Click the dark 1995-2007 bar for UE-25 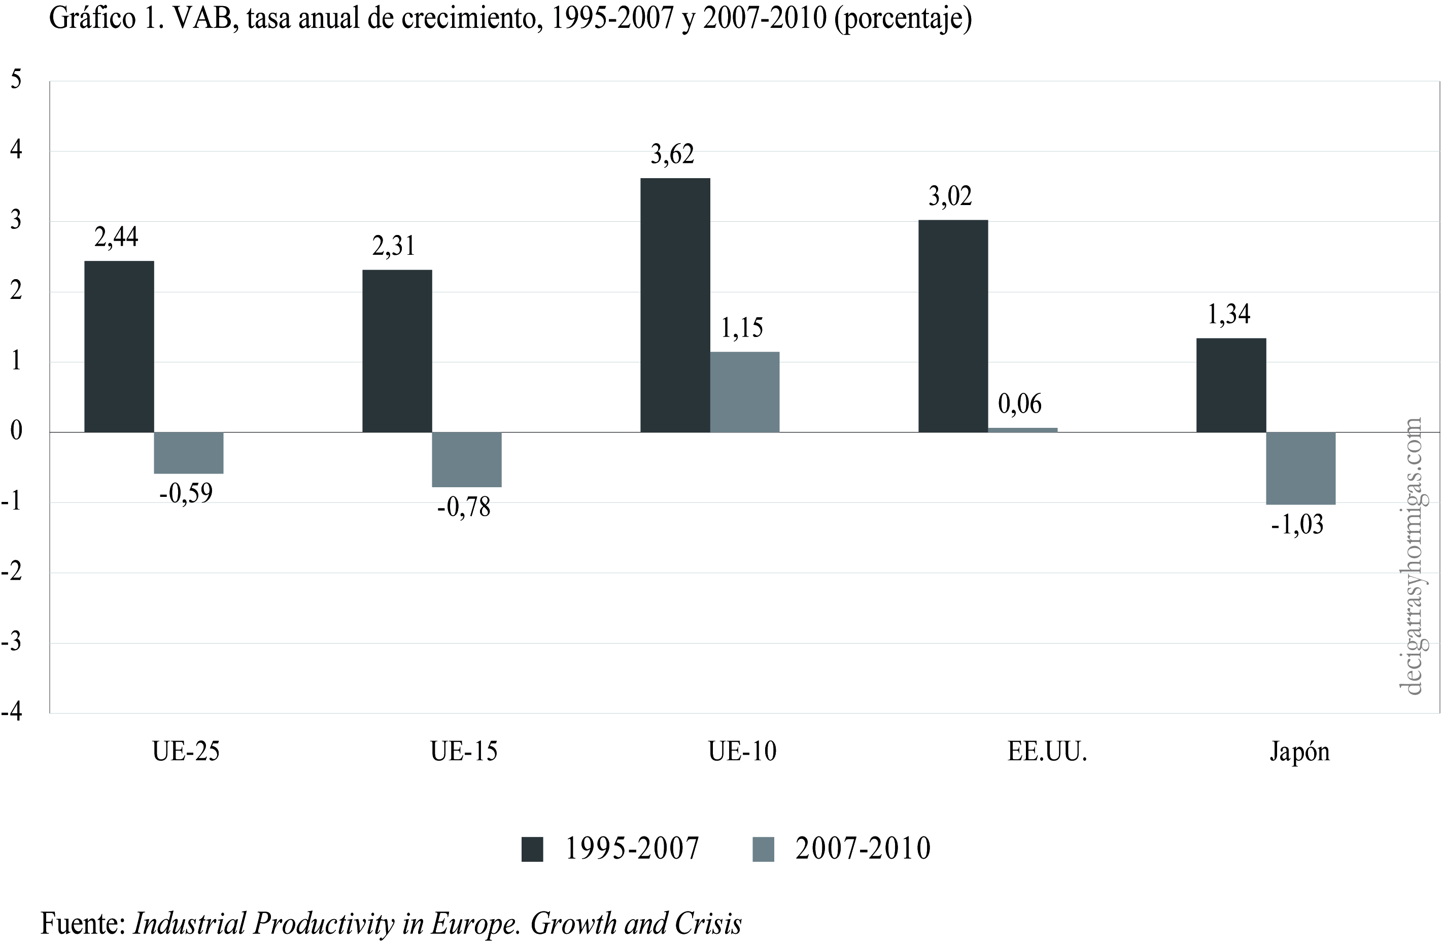click(x=119, y=346)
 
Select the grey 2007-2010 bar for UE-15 click(x=466, y=460)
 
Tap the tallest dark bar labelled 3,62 click(x=675, y=305)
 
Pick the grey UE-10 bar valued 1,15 click(x=744, y=392)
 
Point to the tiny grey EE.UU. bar click(x=1022, y=430)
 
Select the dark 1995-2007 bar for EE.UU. click(x=952, y=326)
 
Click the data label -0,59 click(x=186, y=493)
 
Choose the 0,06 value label click(x=1020, y=404)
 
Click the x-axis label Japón click(x=1299, y=752)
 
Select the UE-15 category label click(x=464, y=752)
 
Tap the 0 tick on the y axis click(x=16, y=432)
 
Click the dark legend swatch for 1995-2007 click(x=532, y=849)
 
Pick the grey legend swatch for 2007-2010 click(x=763, y=849)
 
